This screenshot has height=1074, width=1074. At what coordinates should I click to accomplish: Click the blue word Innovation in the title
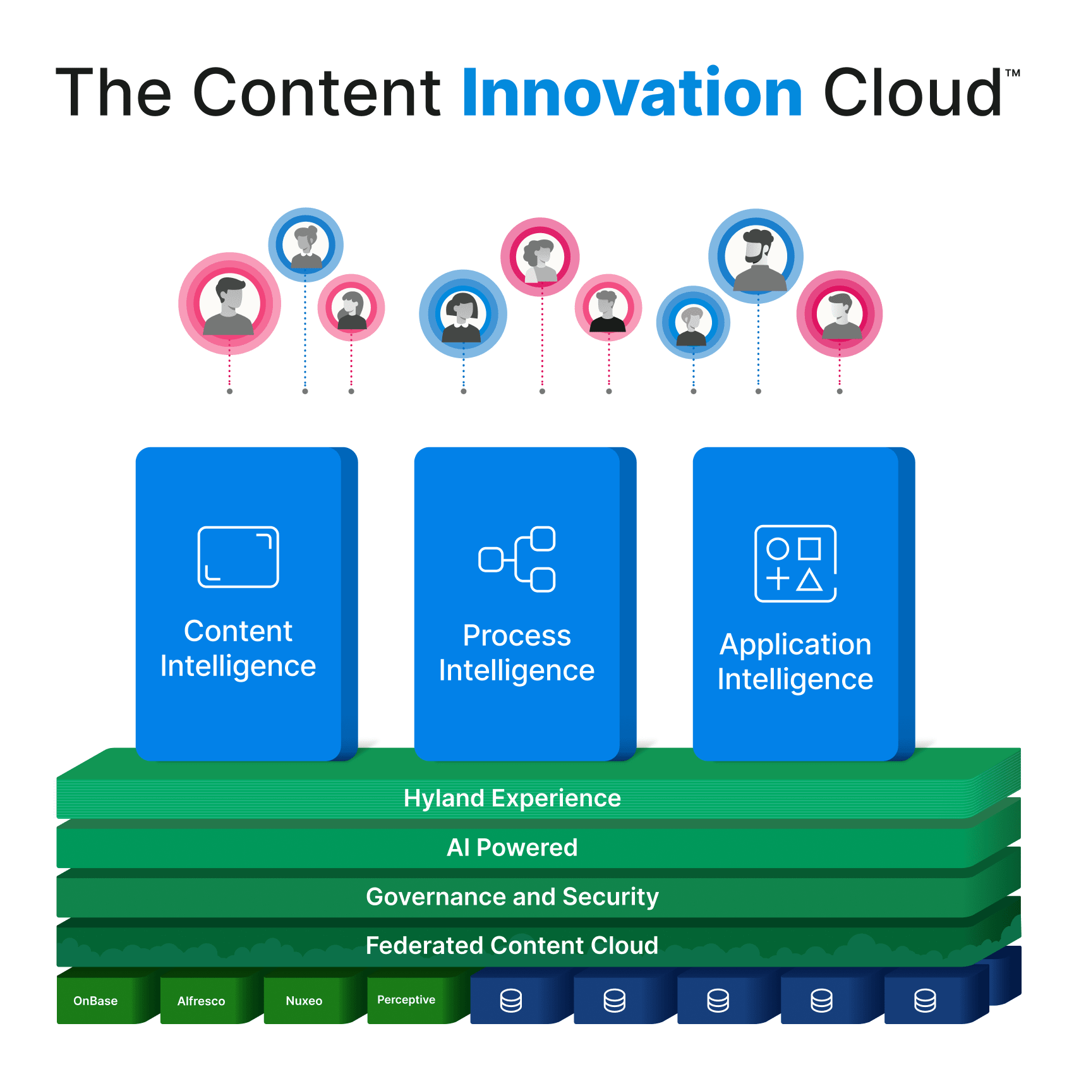pyautogui.click(x=632, y=93)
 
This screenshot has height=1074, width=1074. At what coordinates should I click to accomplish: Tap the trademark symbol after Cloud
pyautogui.click(x=1012, y=73)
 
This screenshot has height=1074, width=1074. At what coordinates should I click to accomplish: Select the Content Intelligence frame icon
pyautogui.click(x=238, y=557)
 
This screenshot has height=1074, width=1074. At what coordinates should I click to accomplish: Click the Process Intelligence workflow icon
pyautogui.click(x=517, y=559)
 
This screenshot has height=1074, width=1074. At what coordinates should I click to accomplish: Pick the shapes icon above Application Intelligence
pyautogui.click(x=795, y=563)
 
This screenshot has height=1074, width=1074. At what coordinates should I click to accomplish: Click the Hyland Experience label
pyautogui.click(x=512, y=798)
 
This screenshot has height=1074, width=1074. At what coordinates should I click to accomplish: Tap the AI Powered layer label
pyautogui.click(x=512, y=847)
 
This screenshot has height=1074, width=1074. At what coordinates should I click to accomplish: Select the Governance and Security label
pyautogui.click(x=512, y=896)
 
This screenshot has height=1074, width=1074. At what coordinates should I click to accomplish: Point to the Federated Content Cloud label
pyautogui.click(x=512, y=945)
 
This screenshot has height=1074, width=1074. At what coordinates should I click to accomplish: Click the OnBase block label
pyautogui.click(x=95, y=1001)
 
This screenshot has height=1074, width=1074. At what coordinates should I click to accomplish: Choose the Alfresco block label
pyautogui.click(x=201, y=1001)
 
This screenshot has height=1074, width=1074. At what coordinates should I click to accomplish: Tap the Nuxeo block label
pyautogui.click(x=304, y=1001)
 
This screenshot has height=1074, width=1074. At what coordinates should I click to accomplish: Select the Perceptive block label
pyautogui.click(x=406, y=999)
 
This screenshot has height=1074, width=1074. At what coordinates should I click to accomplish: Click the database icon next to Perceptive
pyautogui.click(x=511, y=1001)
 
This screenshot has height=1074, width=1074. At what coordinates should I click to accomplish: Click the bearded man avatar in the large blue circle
pyautogui.click(x=756, y=256)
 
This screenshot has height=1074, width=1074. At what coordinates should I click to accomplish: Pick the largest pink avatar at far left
pyautogui.click(x=229, y=303)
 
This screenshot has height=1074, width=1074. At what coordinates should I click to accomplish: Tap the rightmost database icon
pyautogui.click(x=925, y=1001)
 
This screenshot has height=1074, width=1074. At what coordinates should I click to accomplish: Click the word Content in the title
pyautogui.click(x=316, y=93)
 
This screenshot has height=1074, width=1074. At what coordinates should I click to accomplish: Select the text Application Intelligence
pyautogui.click(x=795, y=661)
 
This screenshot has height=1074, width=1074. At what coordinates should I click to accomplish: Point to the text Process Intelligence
pyautogui.click(x=517, y=653)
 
